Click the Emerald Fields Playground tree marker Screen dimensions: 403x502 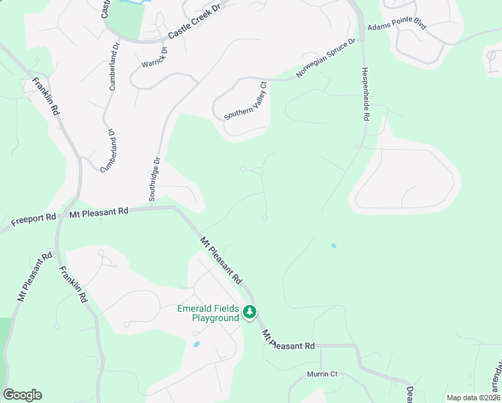[x=250, y=312]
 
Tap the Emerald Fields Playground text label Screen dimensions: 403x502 [x=208, y=314]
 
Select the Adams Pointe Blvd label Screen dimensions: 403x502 [x=397, y=26]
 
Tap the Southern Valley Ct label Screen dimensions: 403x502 [x=246, y=101]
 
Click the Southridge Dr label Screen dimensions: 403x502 [x=154, y=179]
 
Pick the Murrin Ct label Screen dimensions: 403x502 [x=321, y=373]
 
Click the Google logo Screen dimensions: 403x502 [x=22, y=394]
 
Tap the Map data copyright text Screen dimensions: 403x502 [x=473, y=398]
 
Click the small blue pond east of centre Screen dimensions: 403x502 [x=334, y=246]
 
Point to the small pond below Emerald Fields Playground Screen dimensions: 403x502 [x=196, y=344]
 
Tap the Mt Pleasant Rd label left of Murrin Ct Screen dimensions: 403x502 [x=288, y=340]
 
